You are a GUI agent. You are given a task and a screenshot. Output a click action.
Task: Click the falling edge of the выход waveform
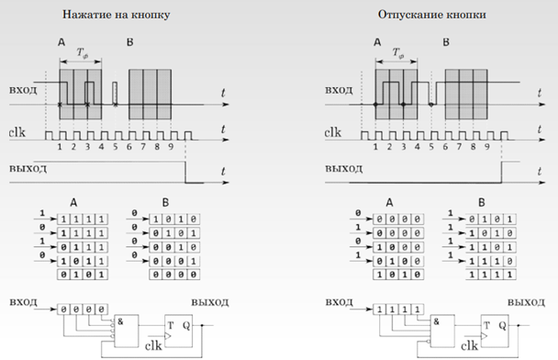[x=186, y=174]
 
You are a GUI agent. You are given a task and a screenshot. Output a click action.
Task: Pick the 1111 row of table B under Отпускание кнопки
[x=468, y=274]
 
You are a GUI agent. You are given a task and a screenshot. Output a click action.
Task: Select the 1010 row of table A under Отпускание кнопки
[x=396, y=274]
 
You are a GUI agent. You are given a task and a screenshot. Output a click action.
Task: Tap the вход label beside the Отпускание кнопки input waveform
[x=340, y=93]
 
